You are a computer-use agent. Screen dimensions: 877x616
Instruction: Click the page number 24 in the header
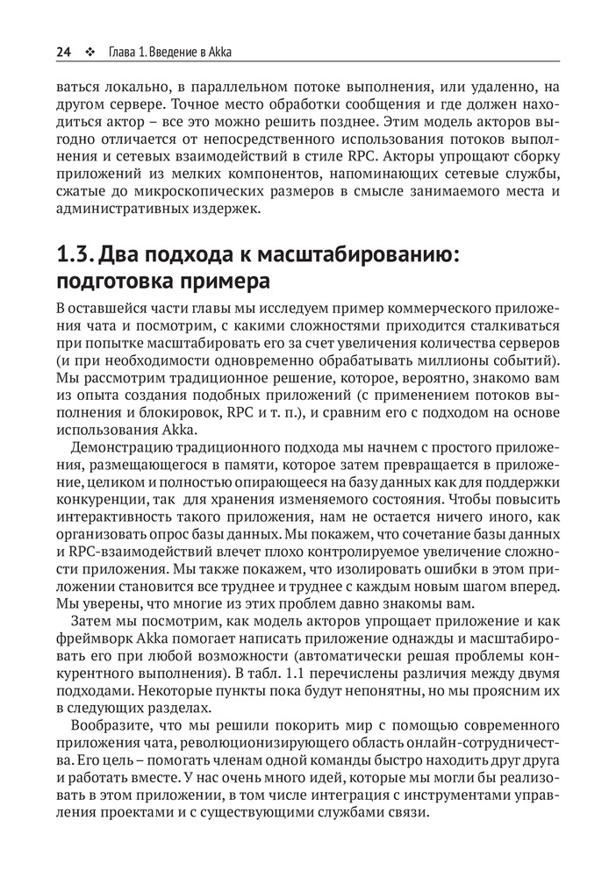pos(62,52)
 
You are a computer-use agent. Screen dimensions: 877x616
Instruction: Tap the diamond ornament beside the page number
pos(89,52)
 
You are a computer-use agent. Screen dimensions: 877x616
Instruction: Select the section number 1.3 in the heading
pos(75,256)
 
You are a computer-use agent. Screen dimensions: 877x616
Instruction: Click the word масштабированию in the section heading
pos(363,256)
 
